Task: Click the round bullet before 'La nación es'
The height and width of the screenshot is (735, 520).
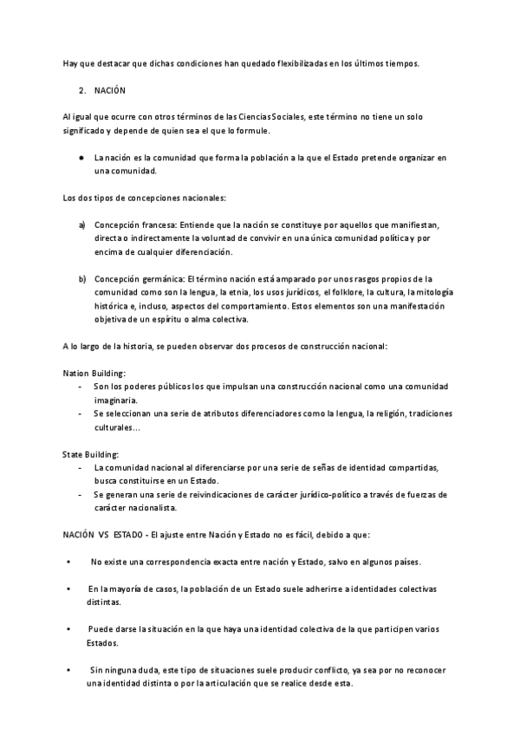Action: (80, 157)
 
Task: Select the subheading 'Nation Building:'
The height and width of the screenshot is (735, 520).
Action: (94, 372)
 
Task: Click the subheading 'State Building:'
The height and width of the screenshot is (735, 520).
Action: (91, 453)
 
